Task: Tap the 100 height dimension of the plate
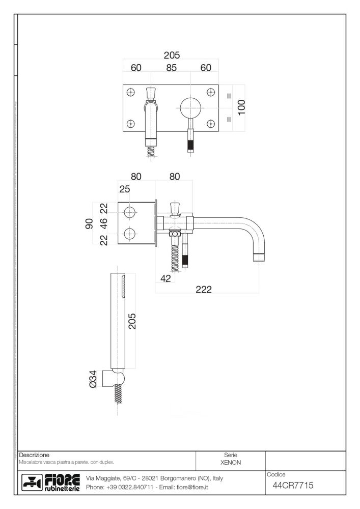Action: pyautogui.click(x=241, y=108)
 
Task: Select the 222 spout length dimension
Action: pyautogui.click(x=204, y=289)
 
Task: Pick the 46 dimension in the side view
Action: pyautogui.click(x=103, y=223)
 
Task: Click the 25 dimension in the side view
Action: pyautogui.click(x=125, y=189)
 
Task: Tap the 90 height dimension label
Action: pyautogui.click(x=89, y=223)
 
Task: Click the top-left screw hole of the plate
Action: pyautogui.click(x=131, y=92)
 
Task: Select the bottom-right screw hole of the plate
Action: pyautogui.click(x=211, y=124)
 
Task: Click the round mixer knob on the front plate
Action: pyautogui.click(x=190, y=107)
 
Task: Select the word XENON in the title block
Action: pyautogui.click(x=231, y=463)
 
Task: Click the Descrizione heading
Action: pyautogui.click(x=34, y=454)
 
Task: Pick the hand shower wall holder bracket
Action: pyautogui.click(x=115, y=379)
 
